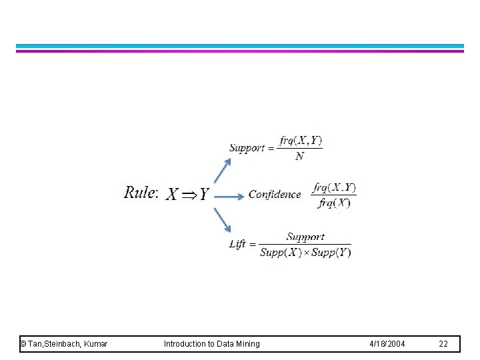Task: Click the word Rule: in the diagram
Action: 141,193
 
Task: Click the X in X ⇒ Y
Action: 173,195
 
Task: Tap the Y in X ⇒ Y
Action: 203,195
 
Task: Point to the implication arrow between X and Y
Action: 189,195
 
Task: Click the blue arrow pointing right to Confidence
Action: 229,196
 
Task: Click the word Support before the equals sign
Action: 247,147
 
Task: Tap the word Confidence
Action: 275,195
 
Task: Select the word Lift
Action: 237,244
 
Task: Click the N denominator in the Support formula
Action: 299,156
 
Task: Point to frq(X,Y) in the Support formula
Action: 301,140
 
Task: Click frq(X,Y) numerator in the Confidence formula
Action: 334,187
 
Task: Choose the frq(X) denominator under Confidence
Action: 334,203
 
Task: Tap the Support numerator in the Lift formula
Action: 305,237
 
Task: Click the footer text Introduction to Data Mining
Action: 212,344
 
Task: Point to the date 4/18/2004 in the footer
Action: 387,344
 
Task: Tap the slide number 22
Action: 443,344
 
